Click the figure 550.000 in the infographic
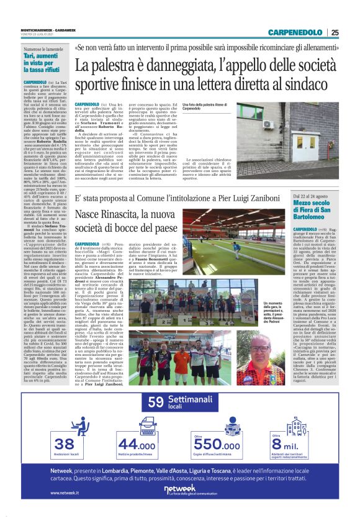pos(216,428)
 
